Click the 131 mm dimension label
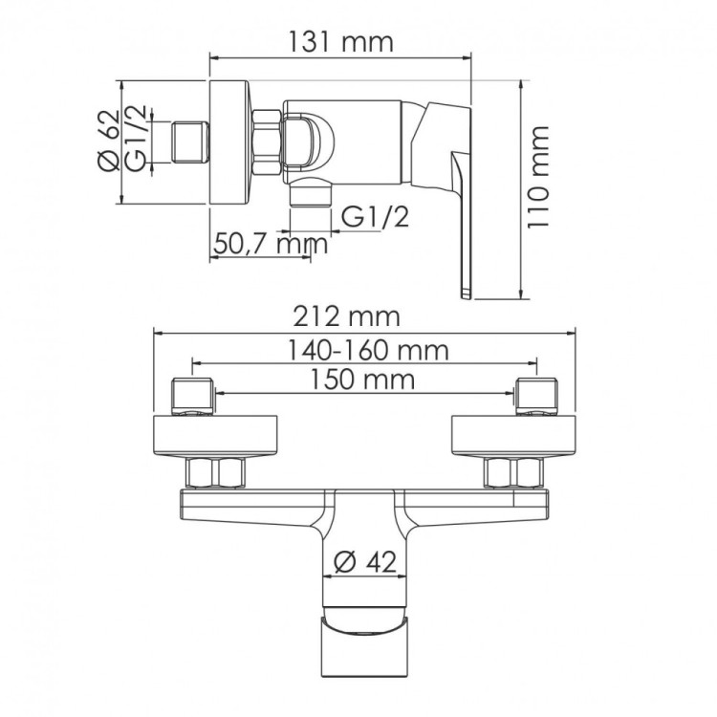click(339, 42)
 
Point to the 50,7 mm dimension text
click(271, 244)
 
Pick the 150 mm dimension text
click(364, 380)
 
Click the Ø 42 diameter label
click(368, 563)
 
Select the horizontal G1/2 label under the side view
click(376, 218)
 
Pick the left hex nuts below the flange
click(215, 473)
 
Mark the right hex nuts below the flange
click(515, 473)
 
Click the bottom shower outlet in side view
click(308, 194)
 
